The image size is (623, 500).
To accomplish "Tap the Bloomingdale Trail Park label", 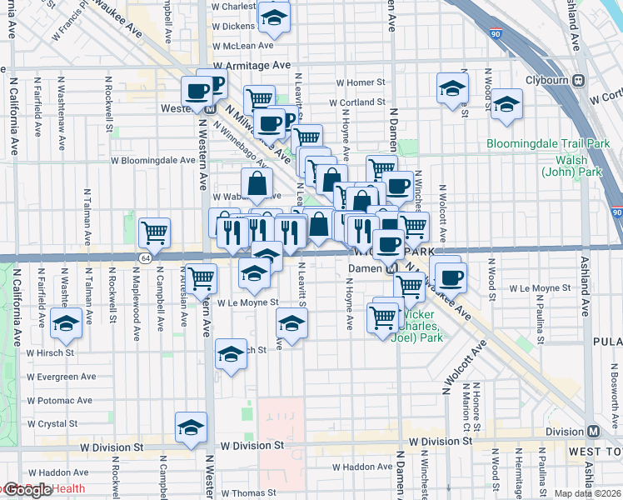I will click(x=549, y=143).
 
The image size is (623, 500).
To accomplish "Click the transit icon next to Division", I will click(x=593, y=432).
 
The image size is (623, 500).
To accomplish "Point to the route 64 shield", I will click(x=146, y=258).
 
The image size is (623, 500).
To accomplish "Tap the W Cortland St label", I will click(x=361, y=103).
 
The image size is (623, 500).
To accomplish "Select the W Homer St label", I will click(x=361, y=82).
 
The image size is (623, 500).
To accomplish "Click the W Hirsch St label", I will click(x=51, y=353).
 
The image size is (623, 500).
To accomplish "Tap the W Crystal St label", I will click(x=52, y=423).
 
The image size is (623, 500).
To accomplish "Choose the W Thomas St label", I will click(x=237, y=493).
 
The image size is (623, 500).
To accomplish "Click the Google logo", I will click(x=27, y=490).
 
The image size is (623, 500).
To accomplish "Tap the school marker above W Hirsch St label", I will click(x=66, y=323).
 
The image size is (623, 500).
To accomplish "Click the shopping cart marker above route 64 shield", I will click(x=154, y=232).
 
